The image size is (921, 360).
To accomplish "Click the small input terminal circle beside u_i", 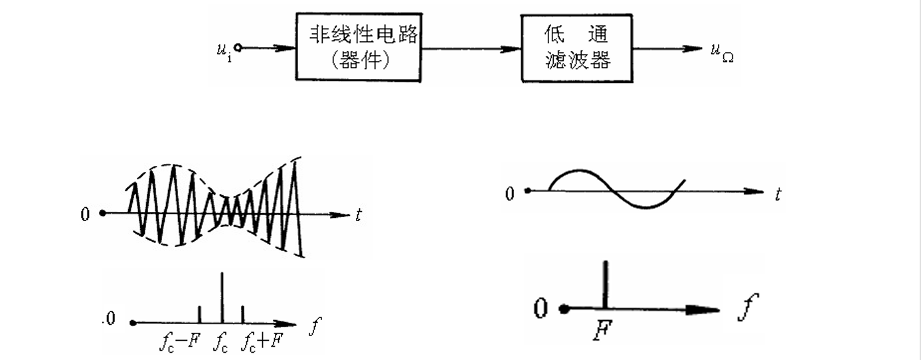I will click(x=238, y=48).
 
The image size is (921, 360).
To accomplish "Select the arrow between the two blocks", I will click(x=471, y=48).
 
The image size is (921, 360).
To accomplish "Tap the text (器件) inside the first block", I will click(x=359, y=61).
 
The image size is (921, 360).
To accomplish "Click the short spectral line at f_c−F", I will click(x=200, y=314).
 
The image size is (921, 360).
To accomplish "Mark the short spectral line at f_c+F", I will click(x=243, y=314).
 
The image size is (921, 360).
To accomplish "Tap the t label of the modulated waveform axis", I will click(x=359, y=215).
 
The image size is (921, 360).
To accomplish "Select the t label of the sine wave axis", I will click(x=778, y=194).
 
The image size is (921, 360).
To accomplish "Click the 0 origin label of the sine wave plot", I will click(x=509, y=194).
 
